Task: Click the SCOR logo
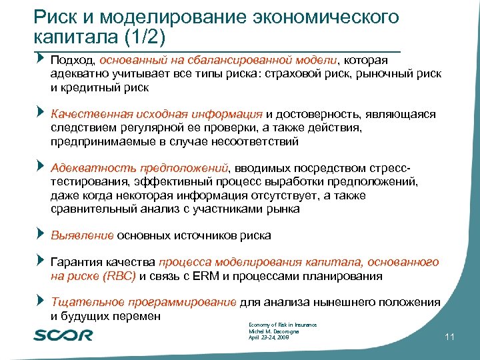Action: pos(63,334)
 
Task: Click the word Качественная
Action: pos(90,115)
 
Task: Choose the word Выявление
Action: pos(83,235)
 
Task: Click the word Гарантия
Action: pos(79,263)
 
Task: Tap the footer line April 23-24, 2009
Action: pos(268,339)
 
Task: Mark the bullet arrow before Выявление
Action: pos(41,234)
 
